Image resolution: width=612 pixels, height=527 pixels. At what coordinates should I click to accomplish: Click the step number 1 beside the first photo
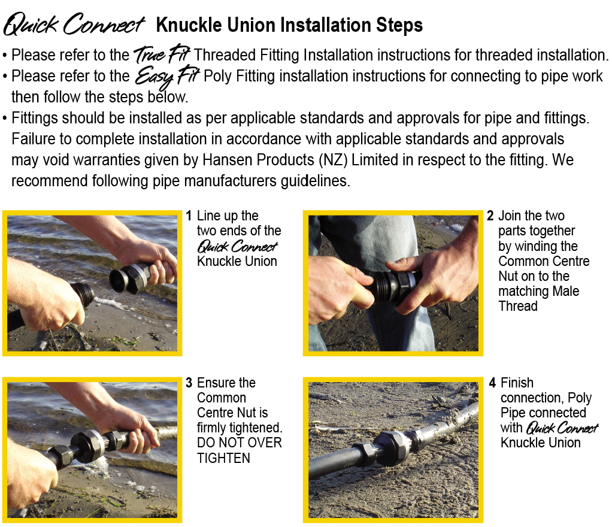(x=189, y=216)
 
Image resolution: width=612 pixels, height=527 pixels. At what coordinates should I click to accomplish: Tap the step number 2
(x=490, y=216)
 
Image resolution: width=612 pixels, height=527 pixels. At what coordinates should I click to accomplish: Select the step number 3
(x=189, y=383)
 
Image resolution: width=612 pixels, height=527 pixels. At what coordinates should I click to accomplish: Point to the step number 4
(x=493, y=383)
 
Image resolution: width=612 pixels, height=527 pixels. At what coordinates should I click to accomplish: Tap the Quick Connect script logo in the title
(x=74, y=24)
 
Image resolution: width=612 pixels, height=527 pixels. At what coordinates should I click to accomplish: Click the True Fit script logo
(x=162, y=54)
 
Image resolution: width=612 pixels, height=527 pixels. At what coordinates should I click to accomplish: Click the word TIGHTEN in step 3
(x=223, y=458)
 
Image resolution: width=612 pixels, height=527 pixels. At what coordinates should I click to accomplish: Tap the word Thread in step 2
(x=518, y=306)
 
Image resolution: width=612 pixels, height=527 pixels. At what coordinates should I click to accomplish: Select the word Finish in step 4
(x=517, y=383)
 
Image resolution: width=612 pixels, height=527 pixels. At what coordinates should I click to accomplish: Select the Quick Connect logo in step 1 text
(x=237, y=247)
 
